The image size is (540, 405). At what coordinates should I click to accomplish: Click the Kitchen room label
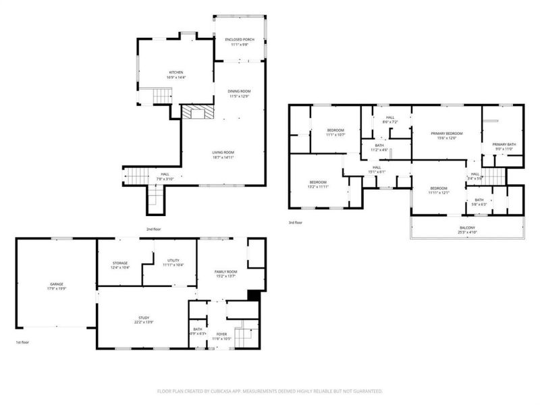pyautogui.click(x=175, y=72)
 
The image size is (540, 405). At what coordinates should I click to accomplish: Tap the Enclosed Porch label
pyautogui.click(x=240, y=39)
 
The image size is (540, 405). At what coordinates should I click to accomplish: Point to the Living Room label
pyautogui.click(x=223, y=152)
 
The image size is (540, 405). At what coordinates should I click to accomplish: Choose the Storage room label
pyautogui.click(x=119, y=262)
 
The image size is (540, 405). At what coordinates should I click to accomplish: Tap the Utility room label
pyautogui.click(x=173, y=262)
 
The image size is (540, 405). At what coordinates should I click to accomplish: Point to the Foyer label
pyautogui.click(x=222, y=333)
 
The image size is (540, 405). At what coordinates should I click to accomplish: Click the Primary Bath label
pyautogui.click(x=504, y=144)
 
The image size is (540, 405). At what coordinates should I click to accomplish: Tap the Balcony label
pyautogui.click(x=467, y=227)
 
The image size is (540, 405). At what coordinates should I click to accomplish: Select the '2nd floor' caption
pyautogui.click(x=154, y=229)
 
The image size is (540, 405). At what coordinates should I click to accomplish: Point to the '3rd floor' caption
pyautogui.click(x=296, y=222)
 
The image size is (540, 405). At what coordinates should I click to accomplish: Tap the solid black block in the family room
pyautogui.click(x=254, y=294)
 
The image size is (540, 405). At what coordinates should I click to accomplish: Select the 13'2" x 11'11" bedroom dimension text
pyautogui.click(x=319, y=186)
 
